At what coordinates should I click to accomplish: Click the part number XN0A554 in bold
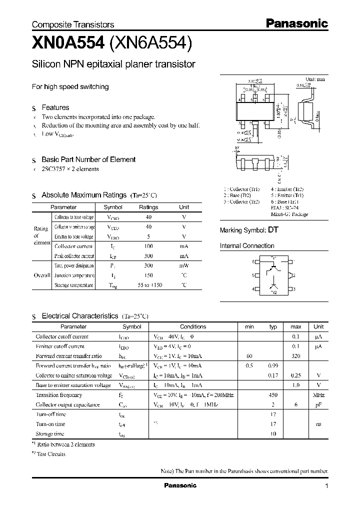tap(67, 44)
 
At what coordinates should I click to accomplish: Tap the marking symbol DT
tap(273, 230)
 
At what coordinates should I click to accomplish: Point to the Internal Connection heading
tap(247, 246)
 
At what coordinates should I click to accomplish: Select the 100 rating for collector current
tap(148, 246)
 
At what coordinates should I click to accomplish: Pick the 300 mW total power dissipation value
tap(148, 266)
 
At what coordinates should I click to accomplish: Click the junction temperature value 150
tap(148, 275)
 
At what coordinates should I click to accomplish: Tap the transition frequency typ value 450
tap(273, 395)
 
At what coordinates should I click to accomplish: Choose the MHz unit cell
tap(318, 395)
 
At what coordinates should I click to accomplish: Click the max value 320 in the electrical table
tap(296, 356)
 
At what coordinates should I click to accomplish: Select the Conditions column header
tap(193, 326)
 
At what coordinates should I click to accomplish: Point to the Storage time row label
tap(50, 434)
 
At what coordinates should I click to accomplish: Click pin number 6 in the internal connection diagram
tap(253, 261)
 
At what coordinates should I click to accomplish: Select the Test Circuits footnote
tap(50, 454)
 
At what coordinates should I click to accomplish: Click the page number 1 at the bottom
tap(326, 486)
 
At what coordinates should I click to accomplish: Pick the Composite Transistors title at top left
tap(73, 24)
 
